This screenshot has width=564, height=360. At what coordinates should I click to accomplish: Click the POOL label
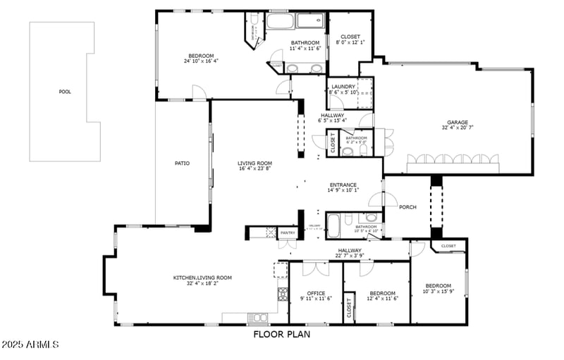(65, 92)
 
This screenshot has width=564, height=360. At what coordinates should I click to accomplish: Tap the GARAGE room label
(457, 122)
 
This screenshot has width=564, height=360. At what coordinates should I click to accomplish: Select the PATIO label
(182, 163)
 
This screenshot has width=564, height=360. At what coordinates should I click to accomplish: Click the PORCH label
(407, 207)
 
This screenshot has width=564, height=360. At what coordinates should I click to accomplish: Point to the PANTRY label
(288, 232)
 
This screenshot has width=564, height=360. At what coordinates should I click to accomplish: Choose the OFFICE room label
(316, 293)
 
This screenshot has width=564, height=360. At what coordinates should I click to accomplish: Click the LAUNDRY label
(343, 87)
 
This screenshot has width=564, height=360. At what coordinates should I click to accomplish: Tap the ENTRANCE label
(343, 185)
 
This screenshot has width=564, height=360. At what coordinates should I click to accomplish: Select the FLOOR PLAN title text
(282, 335)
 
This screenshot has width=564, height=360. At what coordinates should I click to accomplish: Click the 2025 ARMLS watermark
(30, 345)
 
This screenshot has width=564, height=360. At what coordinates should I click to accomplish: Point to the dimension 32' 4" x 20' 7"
(457, 128)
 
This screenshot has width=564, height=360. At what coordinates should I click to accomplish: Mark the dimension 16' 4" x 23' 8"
(255, 168)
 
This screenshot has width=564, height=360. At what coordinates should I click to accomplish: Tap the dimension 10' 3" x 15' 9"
(438, 292)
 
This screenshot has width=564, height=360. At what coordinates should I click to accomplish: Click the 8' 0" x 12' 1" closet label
(350, 42)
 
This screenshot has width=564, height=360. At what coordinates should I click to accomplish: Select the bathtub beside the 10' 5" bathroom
(334, 225)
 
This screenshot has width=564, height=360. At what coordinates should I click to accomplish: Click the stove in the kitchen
(282, 294)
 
